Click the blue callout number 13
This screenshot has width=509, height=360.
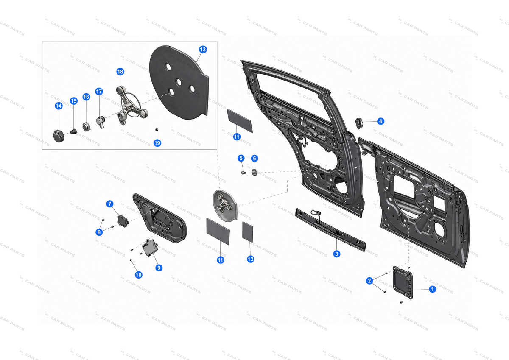(x=203, y=50)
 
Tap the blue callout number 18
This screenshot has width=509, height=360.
(x=120, y=72)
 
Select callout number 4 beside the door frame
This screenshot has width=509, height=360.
(x=380, y=121)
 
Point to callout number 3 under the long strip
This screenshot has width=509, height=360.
(x=336, y=254)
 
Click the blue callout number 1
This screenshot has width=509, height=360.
(x=432, y=289)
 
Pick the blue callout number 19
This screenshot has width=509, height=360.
(x=157, y=143)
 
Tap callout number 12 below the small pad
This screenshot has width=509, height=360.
(x=250, y=259)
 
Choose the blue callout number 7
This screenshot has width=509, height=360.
(x=110, y=204)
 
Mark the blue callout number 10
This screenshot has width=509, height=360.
(x=138, y=275)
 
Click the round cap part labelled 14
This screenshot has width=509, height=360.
(x=59, y=136)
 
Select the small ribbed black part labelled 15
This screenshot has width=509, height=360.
(x=73, y=131)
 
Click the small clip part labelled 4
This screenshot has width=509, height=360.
(x=358, y=123)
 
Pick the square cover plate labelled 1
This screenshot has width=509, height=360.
(x=403, y=282)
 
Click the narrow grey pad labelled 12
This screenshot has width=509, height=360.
(x=247, y=232)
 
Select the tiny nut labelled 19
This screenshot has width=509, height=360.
(x=157, y=130)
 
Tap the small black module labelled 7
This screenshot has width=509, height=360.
(x=123, y=221)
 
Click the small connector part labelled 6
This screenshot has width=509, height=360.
(x=254, y=173)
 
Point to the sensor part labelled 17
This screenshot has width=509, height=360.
(x=100, y=122)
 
